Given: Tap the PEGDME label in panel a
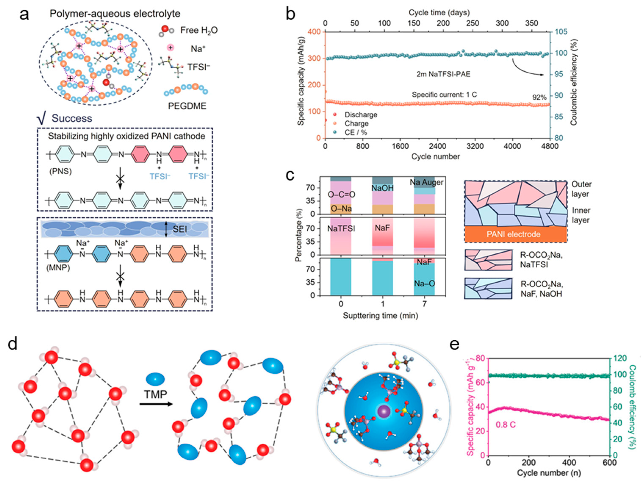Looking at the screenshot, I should click(187, 106).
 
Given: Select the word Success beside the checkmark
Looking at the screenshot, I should click(72, 118).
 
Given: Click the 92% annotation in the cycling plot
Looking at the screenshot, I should click(539, 98).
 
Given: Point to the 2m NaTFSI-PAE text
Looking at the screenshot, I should click(443, 74).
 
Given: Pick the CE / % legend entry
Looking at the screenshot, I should click(356, 132).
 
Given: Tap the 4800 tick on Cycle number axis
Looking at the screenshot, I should click(550, 146).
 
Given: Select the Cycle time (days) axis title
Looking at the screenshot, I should click(439, 13).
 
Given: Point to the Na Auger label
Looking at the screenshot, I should click(426, 182).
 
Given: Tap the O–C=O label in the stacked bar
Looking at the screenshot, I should click(341, 194).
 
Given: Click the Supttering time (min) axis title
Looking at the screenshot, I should click(380, 315).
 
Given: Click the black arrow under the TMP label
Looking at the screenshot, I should click(156, 404).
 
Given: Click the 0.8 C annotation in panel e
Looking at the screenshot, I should click(506, 425).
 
